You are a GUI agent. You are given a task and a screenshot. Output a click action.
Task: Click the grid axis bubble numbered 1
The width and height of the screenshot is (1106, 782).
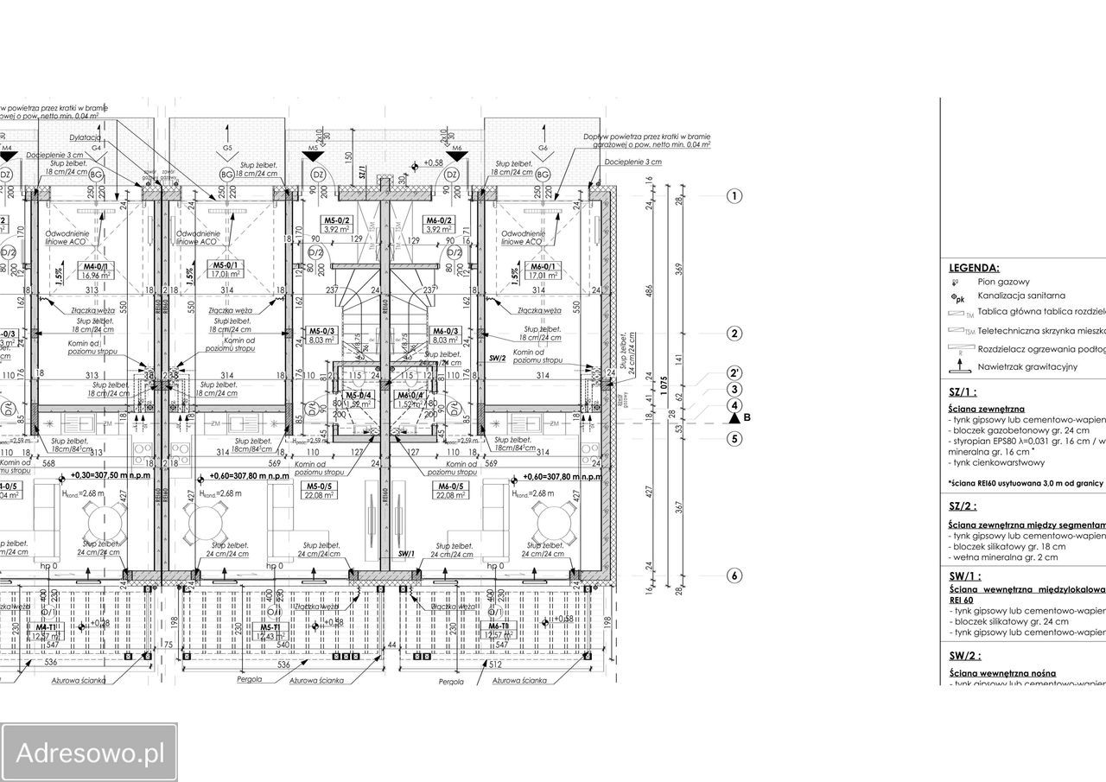tap(734, 196)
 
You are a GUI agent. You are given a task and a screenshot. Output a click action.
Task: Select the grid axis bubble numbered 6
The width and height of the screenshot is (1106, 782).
tap(734, 575)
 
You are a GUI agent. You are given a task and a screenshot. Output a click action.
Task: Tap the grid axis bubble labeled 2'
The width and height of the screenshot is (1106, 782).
tap(734, 374)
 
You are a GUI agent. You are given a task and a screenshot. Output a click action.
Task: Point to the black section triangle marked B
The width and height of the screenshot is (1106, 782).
tap(735, 418)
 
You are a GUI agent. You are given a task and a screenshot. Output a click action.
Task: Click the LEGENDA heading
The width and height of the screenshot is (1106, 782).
tap(974, 269)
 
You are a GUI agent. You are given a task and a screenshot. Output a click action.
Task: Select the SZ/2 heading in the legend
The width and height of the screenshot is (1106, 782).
tap(964, 506)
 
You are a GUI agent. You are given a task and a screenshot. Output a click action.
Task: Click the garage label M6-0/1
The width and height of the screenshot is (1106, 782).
tap(543, 267)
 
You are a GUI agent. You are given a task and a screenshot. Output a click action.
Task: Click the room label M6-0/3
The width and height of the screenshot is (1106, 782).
tap(444, 331)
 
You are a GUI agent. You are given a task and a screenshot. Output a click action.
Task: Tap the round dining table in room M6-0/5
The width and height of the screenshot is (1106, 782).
tap(550, 520)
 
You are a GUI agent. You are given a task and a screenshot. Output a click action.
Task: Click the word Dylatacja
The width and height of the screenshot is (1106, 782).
tap(86, 138)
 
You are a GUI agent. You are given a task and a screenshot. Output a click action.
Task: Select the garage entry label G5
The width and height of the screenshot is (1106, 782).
tap(227, 149)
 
